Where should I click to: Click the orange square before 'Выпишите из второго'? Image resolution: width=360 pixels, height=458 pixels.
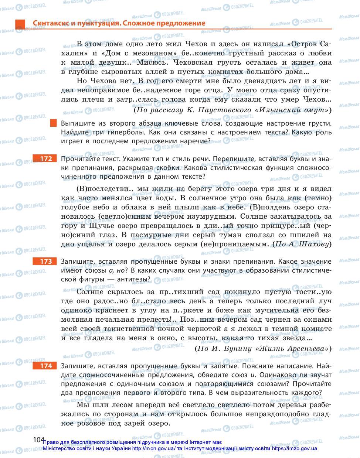click(54, 123)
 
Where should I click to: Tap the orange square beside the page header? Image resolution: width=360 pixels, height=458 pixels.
click(20, 24)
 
